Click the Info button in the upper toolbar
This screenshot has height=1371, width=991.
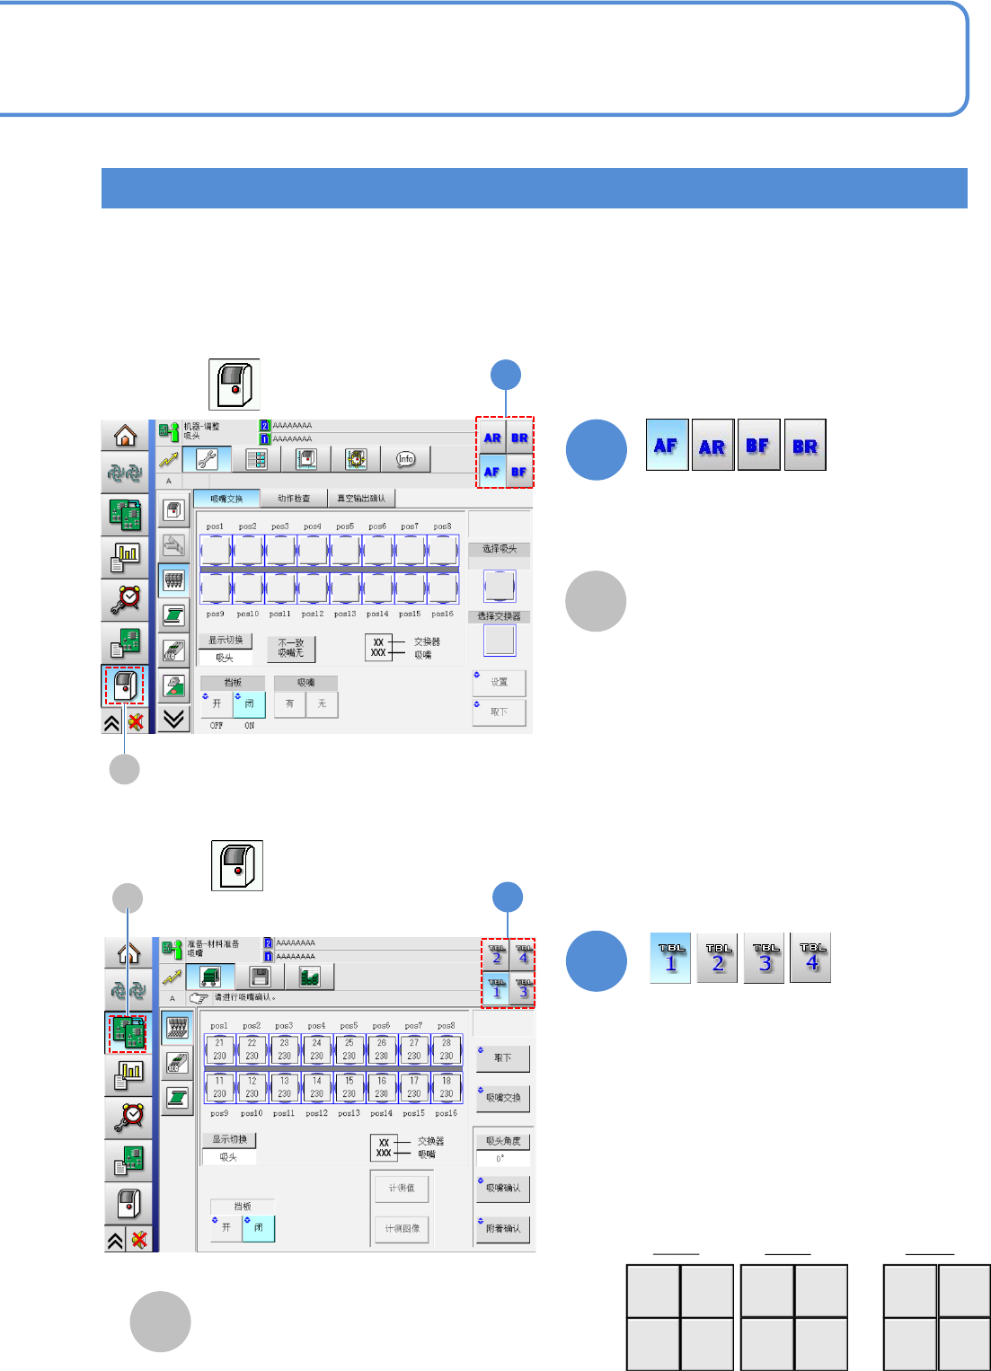pos(406,459)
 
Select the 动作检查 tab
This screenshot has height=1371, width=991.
pos(294,498)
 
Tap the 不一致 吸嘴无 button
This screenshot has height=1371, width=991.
pos(291,648)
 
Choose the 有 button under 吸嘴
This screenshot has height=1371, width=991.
pos(289,703)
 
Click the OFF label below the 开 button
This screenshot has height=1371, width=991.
pos(217,725)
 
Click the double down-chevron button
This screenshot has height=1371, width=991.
pos(174,718)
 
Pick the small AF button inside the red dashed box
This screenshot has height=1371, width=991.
pos(491,472)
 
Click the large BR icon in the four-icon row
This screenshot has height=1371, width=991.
pos(805,446)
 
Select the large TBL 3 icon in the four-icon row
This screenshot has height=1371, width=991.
pos(765,958)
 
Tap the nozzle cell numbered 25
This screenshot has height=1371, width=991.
pos(349,1049)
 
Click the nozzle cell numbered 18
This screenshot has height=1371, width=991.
pos(446,1087)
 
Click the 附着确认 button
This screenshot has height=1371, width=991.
pos(502,1228)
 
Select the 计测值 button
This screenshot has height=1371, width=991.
pos(402,1188)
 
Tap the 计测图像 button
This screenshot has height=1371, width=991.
pos(402,1228)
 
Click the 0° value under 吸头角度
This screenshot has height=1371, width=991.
pos(501,1158)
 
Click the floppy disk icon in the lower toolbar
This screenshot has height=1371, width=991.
pos(259,977)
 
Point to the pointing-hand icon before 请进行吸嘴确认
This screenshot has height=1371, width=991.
pos(199,997)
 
